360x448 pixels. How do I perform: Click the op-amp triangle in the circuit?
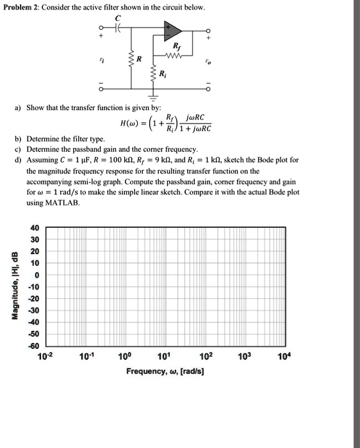tap(173, 31)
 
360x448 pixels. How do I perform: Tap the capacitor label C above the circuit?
tap(117, 19)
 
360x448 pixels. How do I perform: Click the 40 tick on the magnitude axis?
tap(34, 228)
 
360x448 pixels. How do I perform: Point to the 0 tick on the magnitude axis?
tap(37, 275)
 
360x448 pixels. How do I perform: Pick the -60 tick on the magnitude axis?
tap(33, 345)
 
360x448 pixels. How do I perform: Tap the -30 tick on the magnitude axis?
tap(33, 310)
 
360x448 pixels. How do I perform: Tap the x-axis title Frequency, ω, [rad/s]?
tap(165, 371)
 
